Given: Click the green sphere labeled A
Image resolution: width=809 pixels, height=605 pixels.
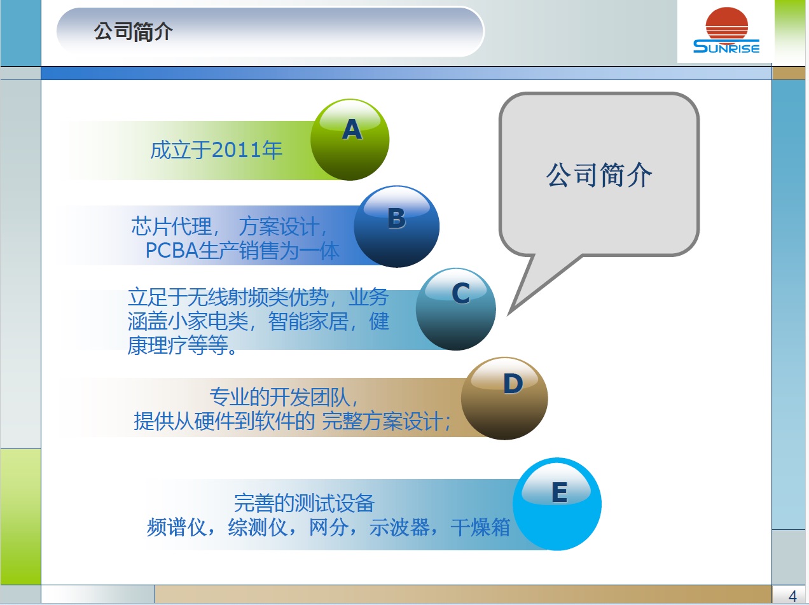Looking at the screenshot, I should tap(350, 140).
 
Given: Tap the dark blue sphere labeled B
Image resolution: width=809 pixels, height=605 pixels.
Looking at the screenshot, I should tap(396, 226).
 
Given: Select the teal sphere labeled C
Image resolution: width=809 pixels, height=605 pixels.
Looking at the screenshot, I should tap(456, 310).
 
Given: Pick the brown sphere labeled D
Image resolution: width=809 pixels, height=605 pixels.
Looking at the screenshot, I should tap(504, 398).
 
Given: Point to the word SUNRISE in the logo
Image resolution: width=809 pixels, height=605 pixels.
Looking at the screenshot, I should tap(726, 46).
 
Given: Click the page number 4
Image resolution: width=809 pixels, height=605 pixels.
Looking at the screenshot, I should tap(792, 596).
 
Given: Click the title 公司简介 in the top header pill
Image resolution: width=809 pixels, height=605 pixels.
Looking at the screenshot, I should tap(133, 32).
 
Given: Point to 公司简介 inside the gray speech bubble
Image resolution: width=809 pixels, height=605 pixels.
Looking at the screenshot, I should tap(599, 175).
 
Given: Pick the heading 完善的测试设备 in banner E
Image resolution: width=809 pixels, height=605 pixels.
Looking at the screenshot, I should tap(304, 504).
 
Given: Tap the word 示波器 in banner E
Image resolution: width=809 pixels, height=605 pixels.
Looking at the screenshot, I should tap(399, 527).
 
